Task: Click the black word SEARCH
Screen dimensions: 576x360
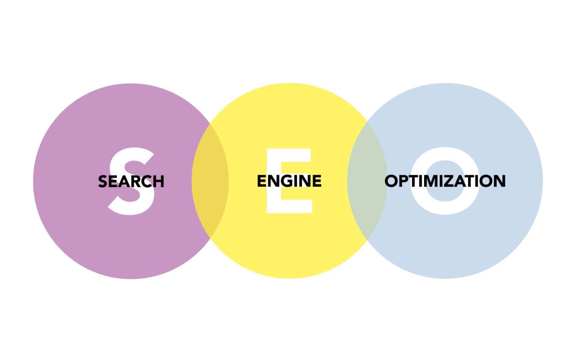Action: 131,181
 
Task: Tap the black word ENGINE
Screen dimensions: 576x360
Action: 289,181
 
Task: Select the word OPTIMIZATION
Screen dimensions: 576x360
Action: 445,181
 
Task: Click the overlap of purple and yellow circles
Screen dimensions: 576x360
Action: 210,181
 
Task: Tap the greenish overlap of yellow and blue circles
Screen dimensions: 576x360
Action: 367,181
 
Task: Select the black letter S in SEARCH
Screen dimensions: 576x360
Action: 103,181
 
